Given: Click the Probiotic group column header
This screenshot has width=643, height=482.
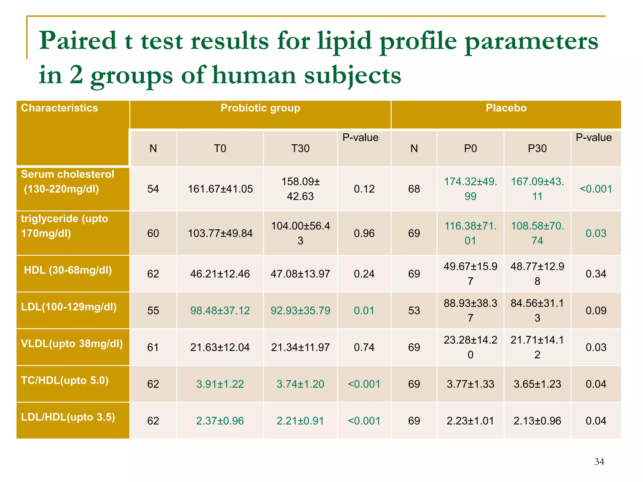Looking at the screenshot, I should [260, 108].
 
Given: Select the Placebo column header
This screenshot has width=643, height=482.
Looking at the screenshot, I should [506, 108].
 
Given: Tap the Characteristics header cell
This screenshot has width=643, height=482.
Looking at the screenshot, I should [60, 108].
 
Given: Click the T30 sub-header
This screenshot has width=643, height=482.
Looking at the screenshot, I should [300, 148].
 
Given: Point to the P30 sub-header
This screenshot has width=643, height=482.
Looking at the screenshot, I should [537, 148].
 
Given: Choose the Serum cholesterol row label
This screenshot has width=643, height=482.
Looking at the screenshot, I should [68, 182].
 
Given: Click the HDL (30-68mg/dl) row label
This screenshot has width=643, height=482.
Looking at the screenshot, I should [68, 270].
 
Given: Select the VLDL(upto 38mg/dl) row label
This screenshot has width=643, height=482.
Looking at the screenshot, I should [72, 344].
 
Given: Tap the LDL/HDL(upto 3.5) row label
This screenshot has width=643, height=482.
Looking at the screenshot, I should [68, 417].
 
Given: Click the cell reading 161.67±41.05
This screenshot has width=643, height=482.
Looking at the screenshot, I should [220, 189].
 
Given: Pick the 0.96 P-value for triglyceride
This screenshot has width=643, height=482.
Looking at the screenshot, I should [364, 233].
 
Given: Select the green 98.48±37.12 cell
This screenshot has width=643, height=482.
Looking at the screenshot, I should [220, 311].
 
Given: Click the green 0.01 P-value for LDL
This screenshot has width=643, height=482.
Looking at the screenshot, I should [364, 311].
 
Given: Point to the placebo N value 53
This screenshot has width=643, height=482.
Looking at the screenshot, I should [414, 311].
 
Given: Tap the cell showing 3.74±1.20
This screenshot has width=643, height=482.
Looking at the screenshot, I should [300, 384].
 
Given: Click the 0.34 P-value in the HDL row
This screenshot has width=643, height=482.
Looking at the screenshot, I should [596, 274].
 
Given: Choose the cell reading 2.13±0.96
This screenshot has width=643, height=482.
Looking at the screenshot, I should [537, 421].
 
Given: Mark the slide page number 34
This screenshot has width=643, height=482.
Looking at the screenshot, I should [599, 462].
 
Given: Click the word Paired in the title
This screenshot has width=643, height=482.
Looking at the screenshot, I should [78, 41].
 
